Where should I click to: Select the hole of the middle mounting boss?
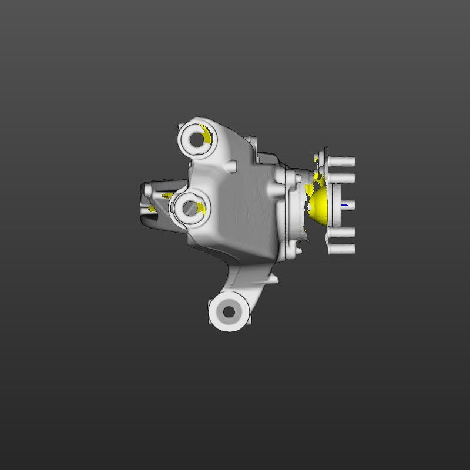click(x=189, y=207)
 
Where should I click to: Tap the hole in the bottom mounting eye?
click(x=228, y=312)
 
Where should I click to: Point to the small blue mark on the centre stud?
click(x=344, y=206)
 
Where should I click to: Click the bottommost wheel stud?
click(x=342, y=250)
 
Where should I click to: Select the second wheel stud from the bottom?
click(x=342, y=233)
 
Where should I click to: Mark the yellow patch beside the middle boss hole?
click(x=202, y=207)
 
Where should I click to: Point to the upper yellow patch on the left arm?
click(x=167, y=195)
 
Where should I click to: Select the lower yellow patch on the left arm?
click(x=152, y=208)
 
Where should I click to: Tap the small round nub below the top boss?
click(x=229, y=166)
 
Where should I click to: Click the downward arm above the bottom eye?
click(x=247, y=279)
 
